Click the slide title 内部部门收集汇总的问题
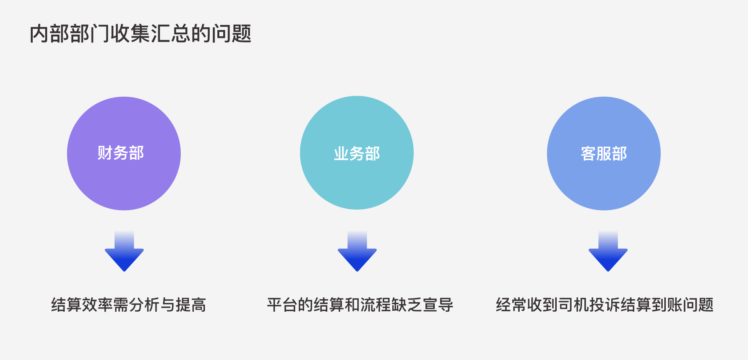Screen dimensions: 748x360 [x=140, y=34]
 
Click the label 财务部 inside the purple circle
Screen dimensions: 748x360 [x=121, y=153]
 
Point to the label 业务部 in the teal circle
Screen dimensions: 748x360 [x=357, y=154]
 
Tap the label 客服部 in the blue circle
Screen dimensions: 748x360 [x=604, y=154]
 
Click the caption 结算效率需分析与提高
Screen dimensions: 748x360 [x=129, y=305]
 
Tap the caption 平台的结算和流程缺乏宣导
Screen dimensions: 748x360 [x=360, y=305]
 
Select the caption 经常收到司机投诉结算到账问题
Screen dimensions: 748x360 [x=605, y=305]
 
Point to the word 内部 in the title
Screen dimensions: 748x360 [x=50, y=34]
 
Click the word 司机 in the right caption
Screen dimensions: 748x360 [x=573, y=305]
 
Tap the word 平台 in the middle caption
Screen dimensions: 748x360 [x=282, y=305]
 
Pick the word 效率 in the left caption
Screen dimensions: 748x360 [x=97, y=305]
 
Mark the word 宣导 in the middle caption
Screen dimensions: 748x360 [x=438, y=305]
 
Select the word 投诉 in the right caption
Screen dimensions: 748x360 [x=605, y=305]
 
